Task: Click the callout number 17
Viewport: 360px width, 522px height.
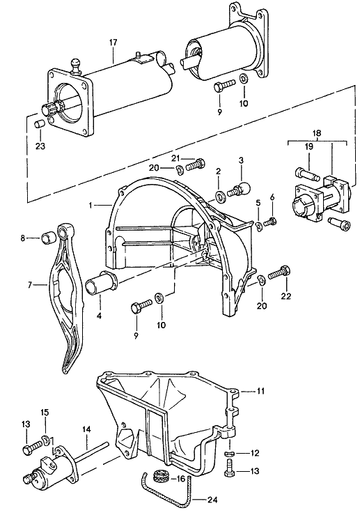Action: [113, 43]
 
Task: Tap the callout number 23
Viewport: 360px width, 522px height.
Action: [40, 146]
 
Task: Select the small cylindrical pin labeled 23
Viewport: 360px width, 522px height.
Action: [40, 125]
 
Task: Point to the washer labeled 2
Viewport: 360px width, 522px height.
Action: [220, 197]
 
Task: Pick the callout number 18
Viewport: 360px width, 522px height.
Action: [316, 133]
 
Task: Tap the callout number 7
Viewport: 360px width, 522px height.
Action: [30, 285]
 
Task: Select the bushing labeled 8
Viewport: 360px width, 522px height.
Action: [47, 238]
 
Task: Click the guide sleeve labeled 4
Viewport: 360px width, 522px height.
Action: [100, 284]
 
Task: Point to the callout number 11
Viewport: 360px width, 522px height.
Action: [260, 391]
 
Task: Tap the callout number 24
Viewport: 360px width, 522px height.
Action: [212, 500]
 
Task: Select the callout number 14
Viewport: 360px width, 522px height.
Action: [86, 429]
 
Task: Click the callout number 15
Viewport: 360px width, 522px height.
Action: [45, 413]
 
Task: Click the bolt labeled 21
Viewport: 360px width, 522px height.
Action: [195, 164]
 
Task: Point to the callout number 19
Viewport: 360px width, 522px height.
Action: [309, 146]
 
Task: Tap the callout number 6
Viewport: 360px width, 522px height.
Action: [272, 197]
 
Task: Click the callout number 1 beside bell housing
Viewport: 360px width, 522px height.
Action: [90, 206]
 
